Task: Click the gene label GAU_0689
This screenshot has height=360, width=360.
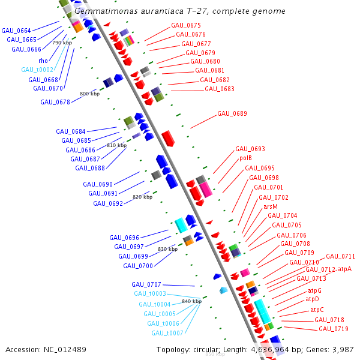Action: pyautogui.click(x=232, y=113)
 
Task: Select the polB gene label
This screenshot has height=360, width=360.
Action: pyautogui.click(x=245, y=158)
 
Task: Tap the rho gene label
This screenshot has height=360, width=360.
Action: pyautogui.click(x=43, y=60)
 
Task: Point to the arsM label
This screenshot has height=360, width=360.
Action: pyautogui.click(x=271, y=206)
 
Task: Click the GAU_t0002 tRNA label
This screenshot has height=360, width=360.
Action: pyautogui.click(x=37, y=70)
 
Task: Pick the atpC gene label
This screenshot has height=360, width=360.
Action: pyautogui.click(x=317, y=310)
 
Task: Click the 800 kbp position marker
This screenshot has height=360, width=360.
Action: pyautogui.click(x=89, y=94)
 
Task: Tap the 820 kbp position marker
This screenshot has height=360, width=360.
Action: pyautogui.click(x=142, y=197)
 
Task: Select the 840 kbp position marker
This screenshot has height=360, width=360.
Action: pyautogui.click(x=191, y=301)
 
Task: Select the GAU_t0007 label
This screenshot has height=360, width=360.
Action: pyautogui.click(x=167, y=333)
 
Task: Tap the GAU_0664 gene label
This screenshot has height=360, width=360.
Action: pyautogui.click(x=16, y=31)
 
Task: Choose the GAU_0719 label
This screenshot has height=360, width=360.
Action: pyautogui.click(x=334, y=329)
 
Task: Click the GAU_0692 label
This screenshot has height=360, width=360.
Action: pyautogui.click(x=108, y=203)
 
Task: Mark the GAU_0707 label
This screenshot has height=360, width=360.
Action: pyautogui.click(x=146, y=284)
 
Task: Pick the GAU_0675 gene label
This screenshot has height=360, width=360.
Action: pyautogui.click(x=186, y=25)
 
